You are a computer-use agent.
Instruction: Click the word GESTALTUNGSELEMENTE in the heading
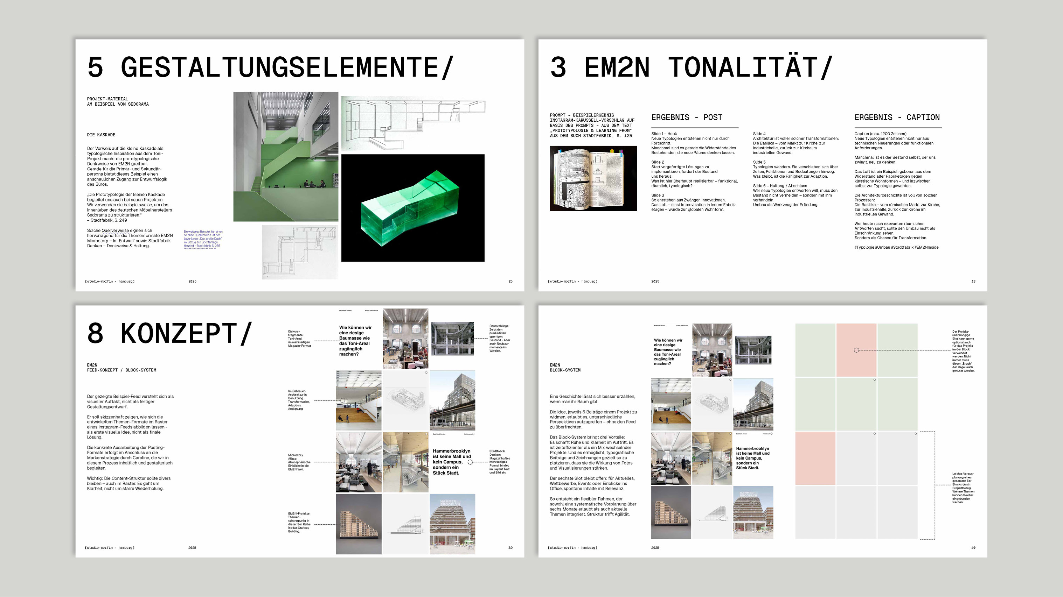(279, 67)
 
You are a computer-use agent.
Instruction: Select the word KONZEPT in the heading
(179, 334)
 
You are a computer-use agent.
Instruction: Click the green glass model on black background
(413, 208)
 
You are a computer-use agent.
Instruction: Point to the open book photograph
(593, 178)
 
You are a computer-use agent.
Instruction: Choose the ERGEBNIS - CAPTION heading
(897, 118)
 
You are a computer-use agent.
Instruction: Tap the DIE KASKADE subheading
(101, 135)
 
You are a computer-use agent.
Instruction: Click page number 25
(510, 281)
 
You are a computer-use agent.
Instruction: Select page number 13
(973, 281)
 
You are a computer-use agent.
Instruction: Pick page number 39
(510, 548)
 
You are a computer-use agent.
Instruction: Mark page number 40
(973, 548)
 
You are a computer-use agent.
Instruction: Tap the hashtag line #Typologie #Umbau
(896, 247)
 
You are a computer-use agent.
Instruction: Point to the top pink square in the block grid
(856, 350)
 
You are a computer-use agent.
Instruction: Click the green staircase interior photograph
(286, 157)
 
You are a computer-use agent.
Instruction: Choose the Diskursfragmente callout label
(299, 339)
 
